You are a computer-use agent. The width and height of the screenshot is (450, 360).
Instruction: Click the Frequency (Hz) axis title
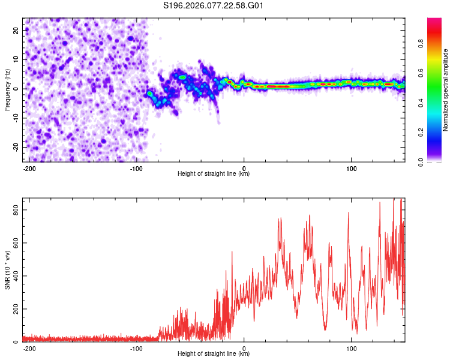[7, 89]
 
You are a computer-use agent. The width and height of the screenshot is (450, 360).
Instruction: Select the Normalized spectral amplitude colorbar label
[446, 90]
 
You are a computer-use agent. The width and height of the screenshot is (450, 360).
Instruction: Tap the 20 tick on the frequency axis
[16, 30]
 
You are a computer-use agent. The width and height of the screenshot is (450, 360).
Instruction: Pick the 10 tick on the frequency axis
[16, 59]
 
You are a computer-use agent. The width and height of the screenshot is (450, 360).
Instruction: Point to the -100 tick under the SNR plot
[137, 349]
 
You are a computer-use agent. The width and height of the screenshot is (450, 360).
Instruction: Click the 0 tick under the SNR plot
[244, 349]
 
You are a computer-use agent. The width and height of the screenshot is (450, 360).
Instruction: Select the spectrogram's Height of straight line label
[214, 174]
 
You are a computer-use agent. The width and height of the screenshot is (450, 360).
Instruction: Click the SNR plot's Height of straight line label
[214, 354]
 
